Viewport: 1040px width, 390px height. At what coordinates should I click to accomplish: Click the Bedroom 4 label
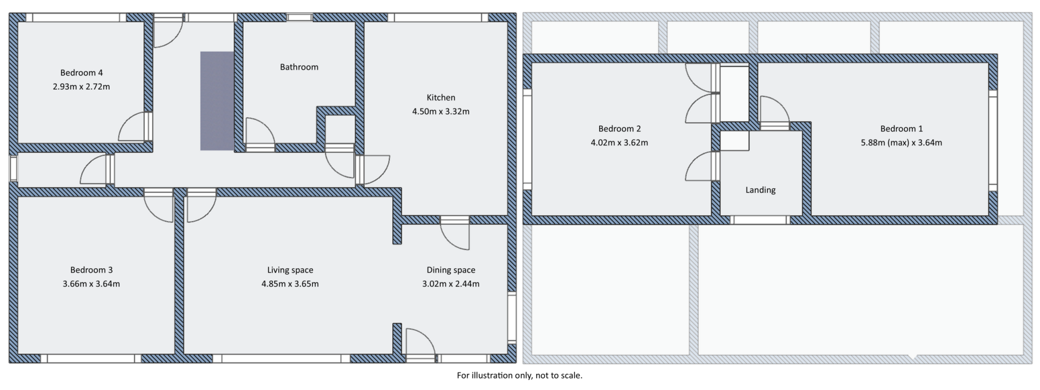(x=81, y=73)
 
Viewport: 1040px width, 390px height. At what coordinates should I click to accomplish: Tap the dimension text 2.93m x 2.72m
(x=81, y=87)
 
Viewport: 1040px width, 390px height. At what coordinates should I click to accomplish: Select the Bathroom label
(x=299, y=67)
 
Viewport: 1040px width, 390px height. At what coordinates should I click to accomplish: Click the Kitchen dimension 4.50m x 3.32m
(x=440, y=112)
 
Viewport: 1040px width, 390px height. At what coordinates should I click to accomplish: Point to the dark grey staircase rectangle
(x=217, y=101)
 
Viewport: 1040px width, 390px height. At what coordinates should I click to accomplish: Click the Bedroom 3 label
(x=91, y=270)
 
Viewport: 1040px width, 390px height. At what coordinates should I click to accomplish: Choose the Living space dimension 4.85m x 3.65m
(x=290, y=284)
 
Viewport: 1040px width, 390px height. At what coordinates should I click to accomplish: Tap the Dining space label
(x=450, y=270)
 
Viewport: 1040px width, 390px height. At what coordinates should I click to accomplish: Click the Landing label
(x=760, y=190)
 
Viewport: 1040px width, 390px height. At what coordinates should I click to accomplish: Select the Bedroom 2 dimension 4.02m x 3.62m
(x=619, y=143)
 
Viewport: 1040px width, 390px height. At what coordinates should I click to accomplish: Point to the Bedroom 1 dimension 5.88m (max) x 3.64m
(x=901, y=143)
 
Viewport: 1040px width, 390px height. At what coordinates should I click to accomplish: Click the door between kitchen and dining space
(x=454, y=234)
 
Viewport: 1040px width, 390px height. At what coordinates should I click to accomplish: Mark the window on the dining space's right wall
(x=511, y=317)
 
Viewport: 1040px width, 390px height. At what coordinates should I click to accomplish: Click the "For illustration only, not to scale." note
(x=519, y=376)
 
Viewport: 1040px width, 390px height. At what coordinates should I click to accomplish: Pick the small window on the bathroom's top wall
(x=300, y=17)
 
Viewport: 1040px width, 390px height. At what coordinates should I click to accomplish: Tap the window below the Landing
(x=760, y=220)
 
